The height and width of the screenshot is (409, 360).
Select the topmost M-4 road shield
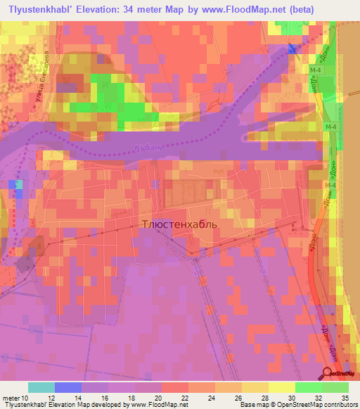[x=314, y=70]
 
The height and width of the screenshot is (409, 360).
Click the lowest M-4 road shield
[x=329, y=185]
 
